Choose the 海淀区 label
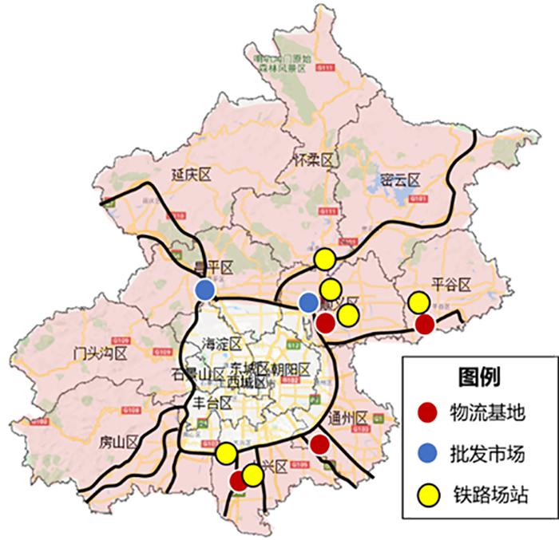[221, 344]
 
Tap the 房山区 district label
[114, 442]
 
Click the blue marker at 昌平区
[204, 289]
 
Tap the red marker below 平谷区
[425, 324]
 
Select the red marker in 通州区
[319, 444]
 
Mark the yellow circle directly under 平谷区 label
[418, 303]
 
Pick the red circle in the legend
[429, 413]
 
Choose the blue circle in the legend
[429, 455]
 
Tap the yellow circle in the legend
[429, 496]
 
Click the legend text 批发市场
[493, 455]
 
